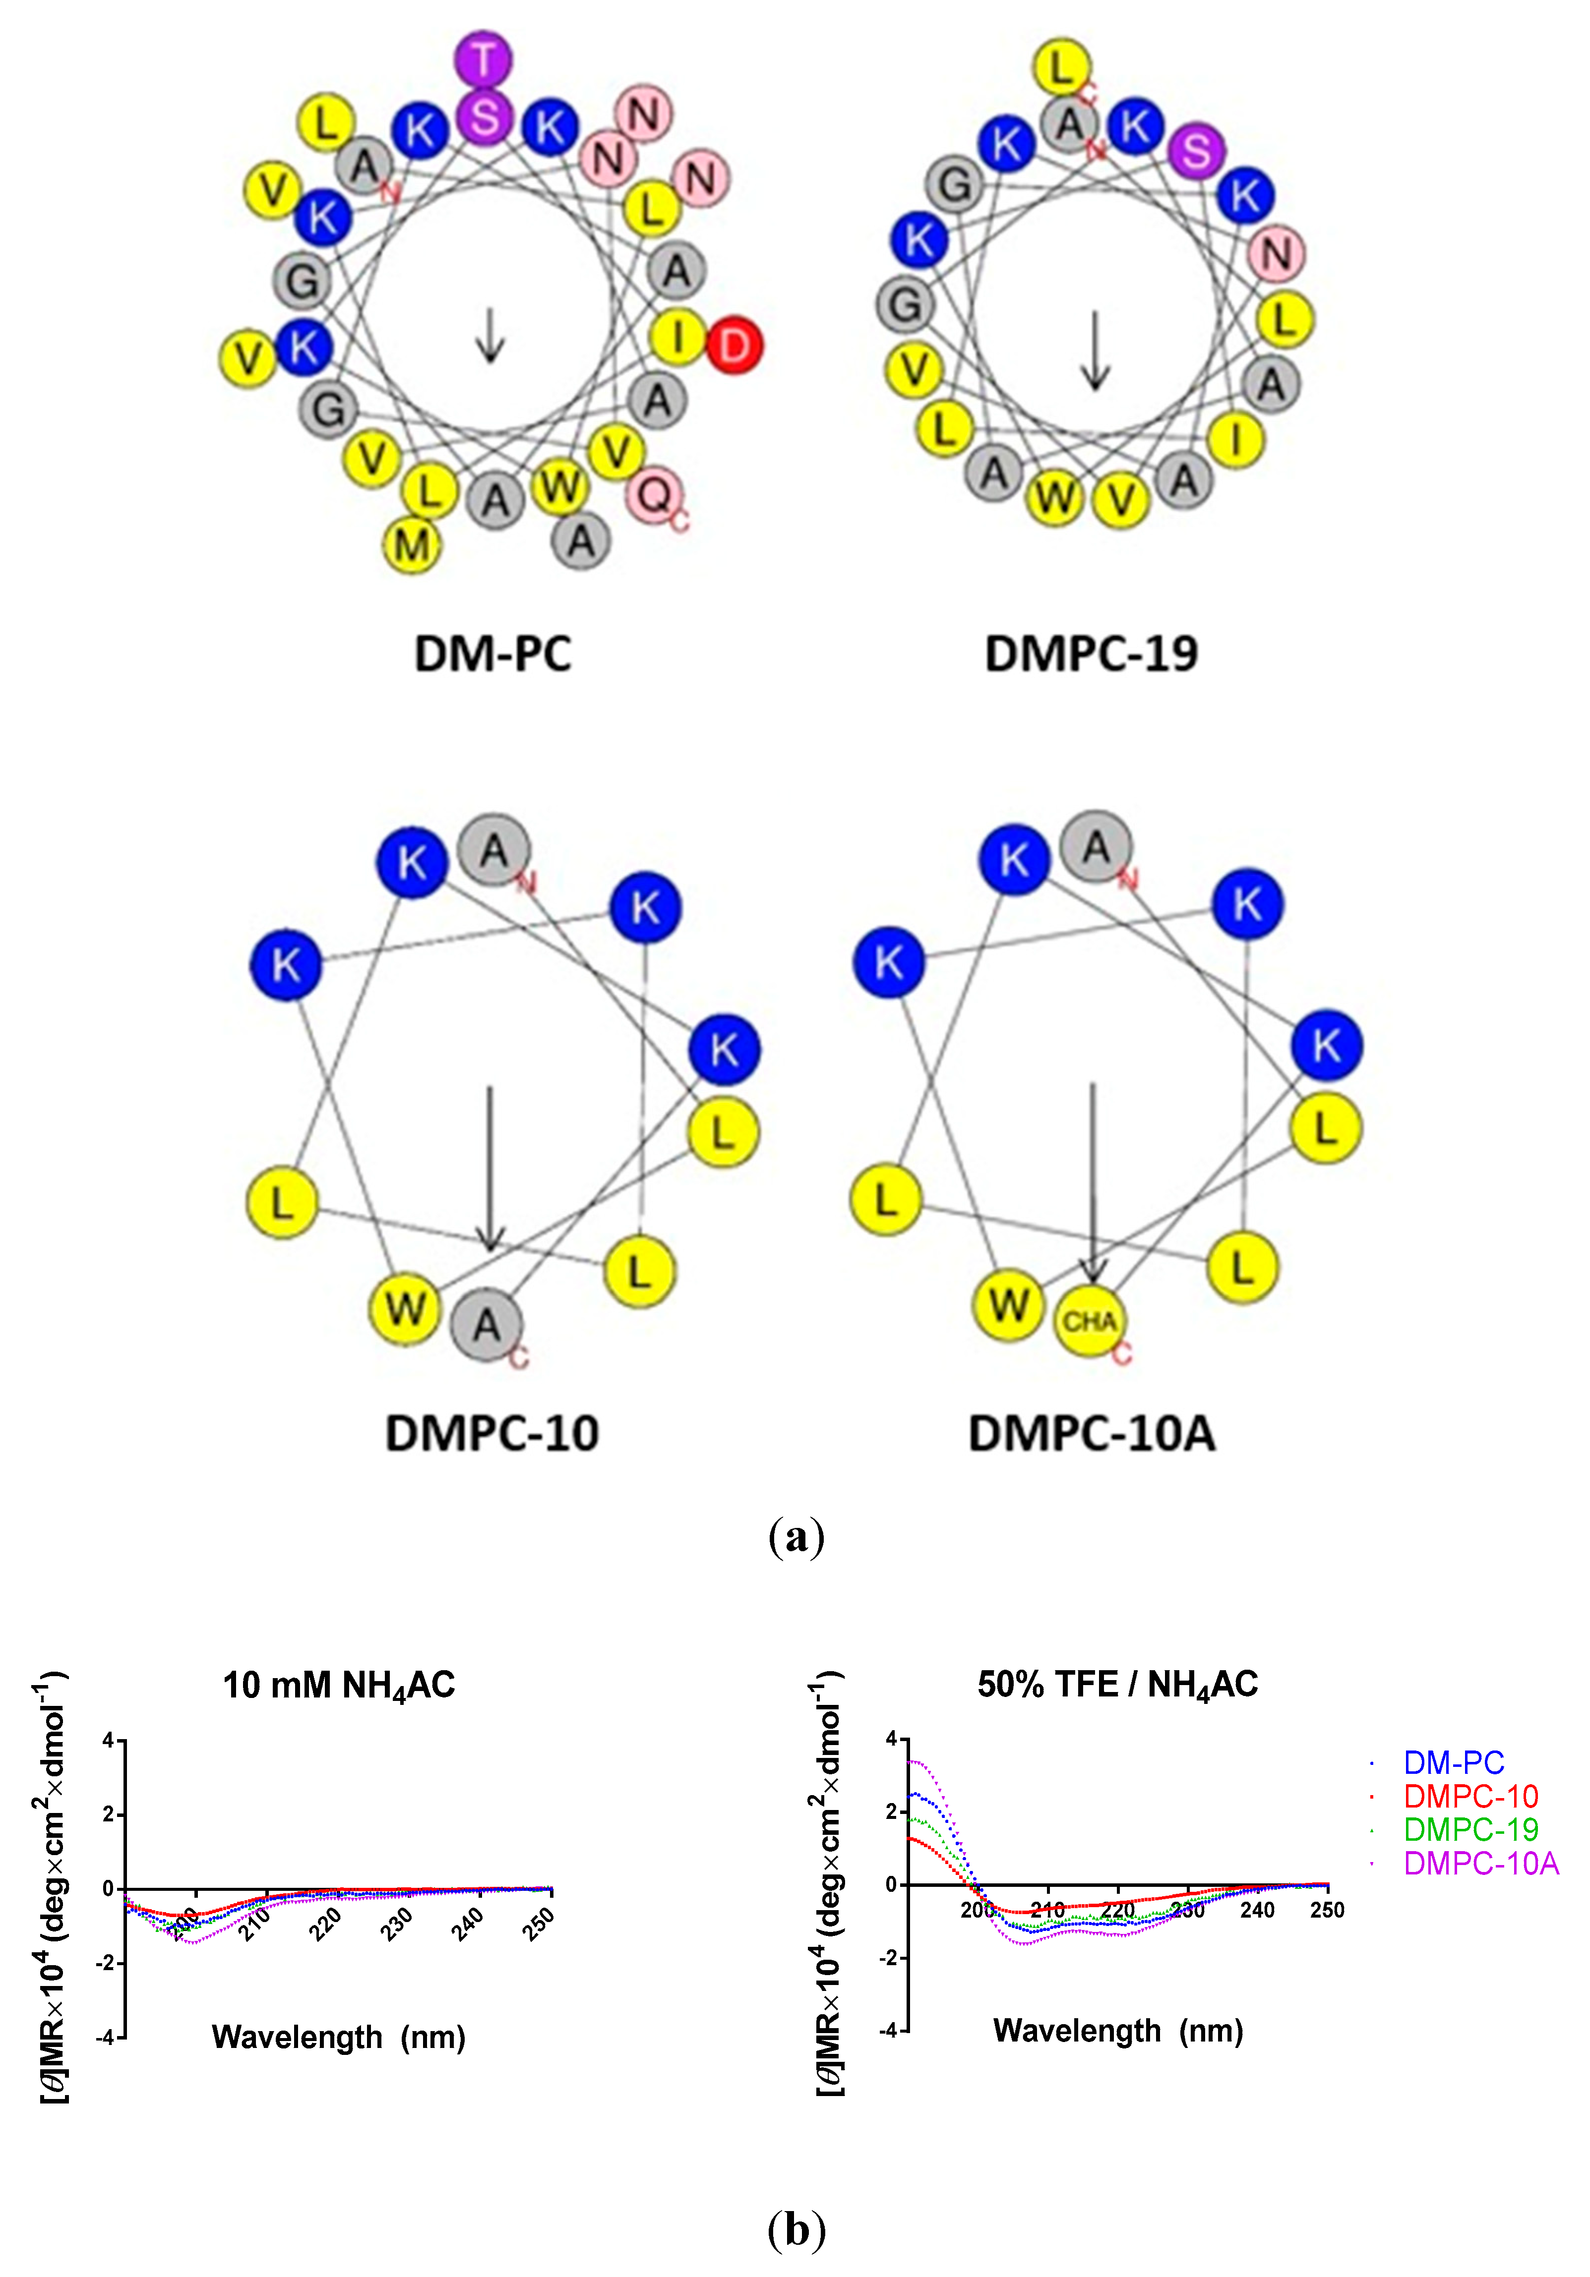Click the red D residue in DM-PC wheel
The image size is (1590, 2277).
tap(734, 345)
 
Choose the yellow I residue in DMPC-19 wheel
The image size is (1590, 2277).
tap(1236, 439)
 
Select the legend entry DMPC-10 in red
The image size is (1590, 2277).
tap(1470, 1796)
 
